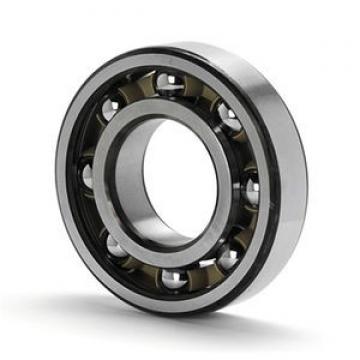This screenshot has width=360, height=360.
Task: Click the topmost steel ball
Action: click(170, 83)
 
